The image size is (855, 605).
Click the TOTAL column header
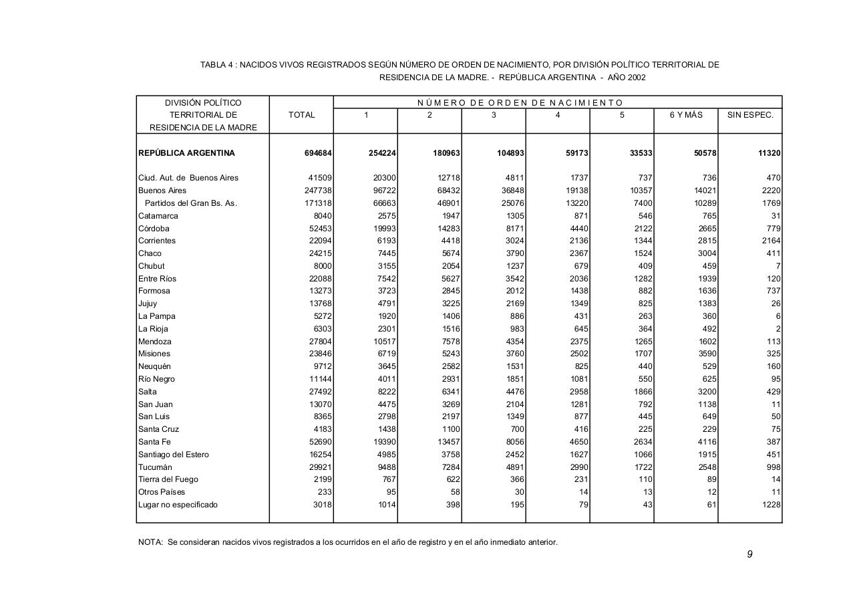301,115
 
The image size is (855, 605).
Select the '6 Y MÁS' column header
686,115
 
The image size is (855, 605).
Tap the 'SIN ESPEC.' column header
750,115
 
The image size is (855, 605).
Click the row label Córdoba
154,229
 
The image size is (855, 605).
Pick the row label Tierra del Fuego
168,479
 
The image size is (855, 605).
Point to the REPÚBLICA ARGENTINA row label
186,153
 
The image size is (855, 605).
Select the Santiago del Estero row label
173,455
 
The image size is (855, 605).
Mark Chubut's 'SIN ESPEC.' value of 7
778,266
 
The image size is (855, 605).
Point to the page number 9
749,554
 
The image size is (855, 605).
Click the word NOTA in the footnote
150,542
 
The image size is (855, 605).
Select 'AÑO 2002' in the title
627,78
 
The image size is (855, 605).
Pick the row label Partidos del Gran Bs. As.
190,203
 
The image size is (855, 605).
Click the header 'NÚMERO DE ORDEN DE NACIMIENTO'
520,103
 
